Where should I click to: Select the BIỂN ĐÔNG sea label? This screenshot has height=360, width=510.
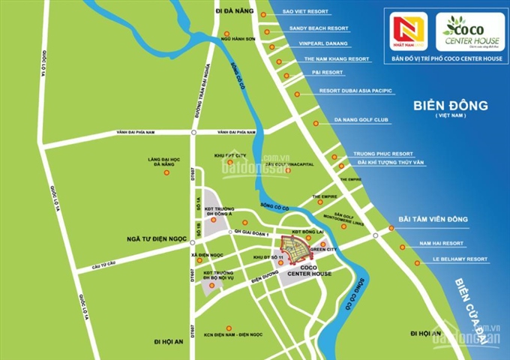click(450, 105)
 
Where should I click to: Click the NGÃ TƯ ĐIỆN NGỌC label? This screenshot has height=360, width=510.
click(152, 240)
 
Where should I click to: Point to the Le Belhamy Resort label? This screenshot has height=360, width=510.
click(455, 259)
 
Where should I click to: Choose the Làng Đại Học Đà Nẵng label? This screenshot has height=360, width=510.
click(166, 161)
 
